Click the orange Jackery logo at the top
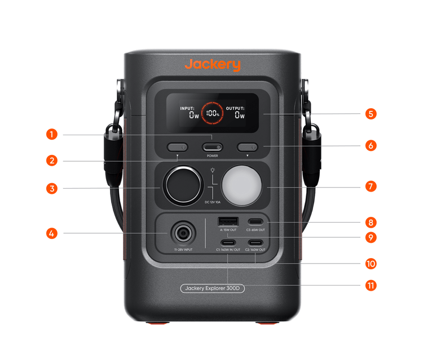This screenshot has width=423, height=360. coord(212,64)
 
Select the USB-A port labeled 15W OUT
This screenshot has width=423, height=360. coord(228,221)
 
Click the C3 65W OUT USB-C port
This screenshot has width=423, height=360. coord(255,221)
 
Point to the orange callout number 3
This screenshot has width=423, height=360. coord(52,188)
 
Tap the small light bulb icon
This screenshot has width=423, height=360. coord(212,170)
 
